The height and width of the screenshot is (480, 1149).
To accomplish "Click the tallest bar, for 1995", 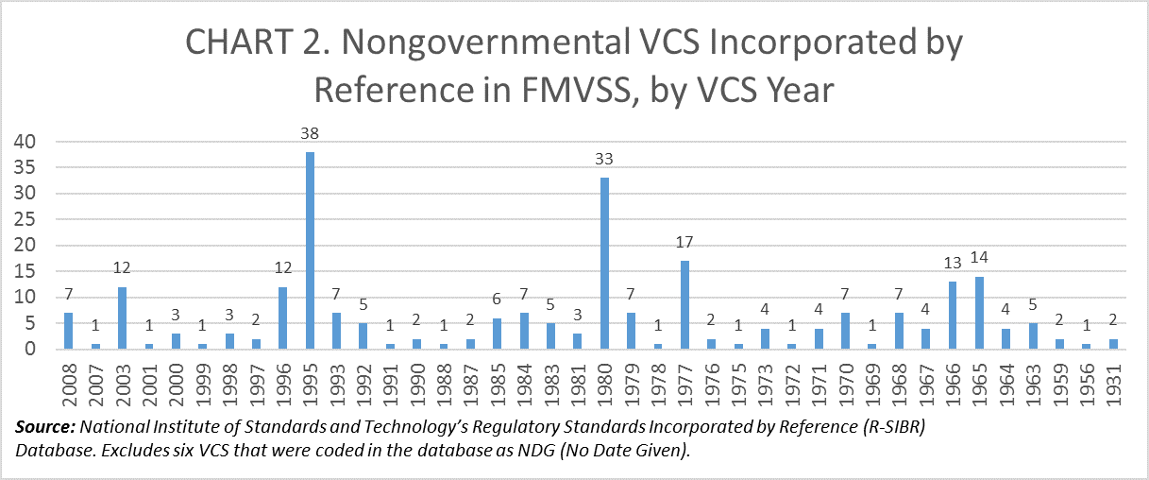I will [x=309, y=250].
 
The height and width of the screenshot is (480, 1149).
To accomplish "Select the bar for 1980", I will [x=604, y=264].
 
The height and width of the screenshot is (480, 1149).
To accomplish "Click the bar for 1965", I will [x=979, y=313].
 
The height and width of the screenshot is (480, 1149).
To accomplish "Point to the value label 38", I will [x=309, y=135].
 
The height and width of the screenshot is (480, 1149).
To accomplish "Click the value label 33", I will [x=604, y=161].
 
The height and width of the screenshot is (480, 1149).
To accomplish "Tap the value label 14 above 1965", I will [x=979, y=259].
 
